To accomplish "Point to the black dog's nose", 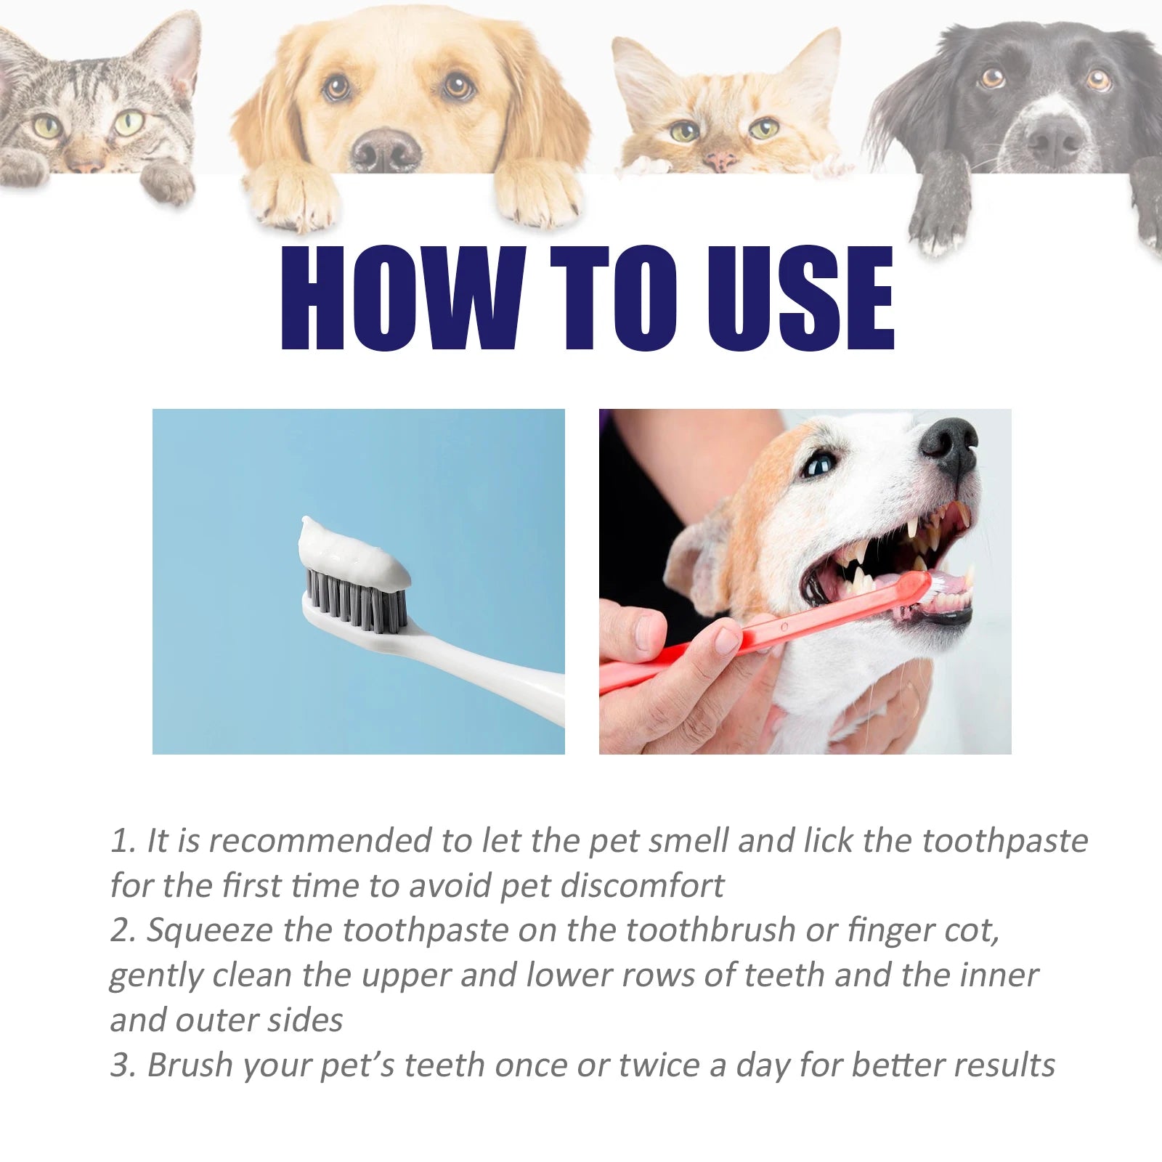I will (x=1054, y=138).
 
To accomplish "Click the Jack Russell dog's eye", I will (x=819, y=463).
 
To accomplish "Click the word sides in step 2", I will (x=305, y=1021).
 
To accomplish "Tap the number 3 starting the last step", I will (x=119, y=1066).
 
